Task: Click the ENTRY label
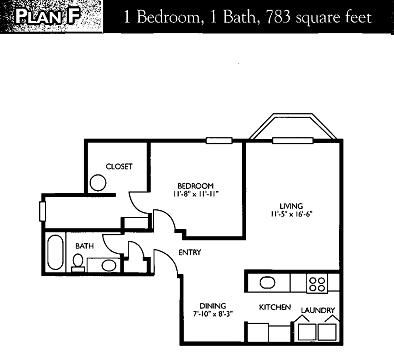pyautogui.click(x=190, y=252)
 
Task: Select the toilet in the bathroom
pyautogui.click(x=78, y=262)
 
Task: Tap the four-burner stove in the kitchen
pyautogui.click(x=317, y=281)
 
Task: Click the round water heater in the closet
pyautogui.click(x=97, y=183)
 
